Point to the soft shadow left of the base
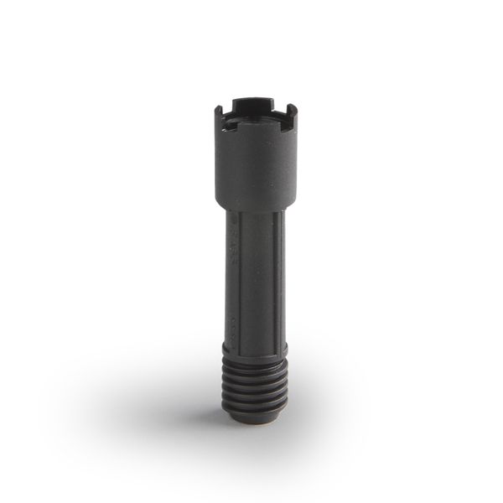pos(168,394)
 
